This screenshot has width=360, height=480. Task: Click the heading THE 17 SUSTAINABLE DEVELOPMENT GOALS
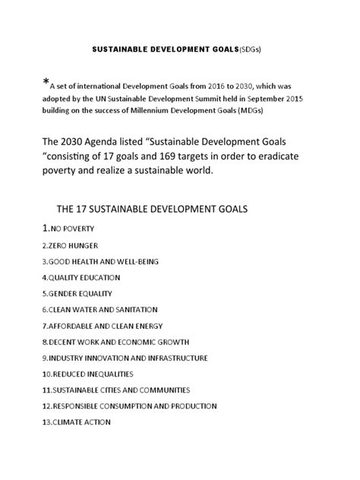point(154,208)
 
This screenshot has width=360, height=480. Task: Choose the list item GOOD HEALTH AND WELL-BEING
point(100,261)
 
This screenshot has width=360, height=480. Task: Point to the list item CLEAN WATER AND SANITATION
point(99,309)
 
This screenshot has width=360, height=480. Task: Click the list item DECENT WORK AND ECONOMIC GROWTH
point(115,342)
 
